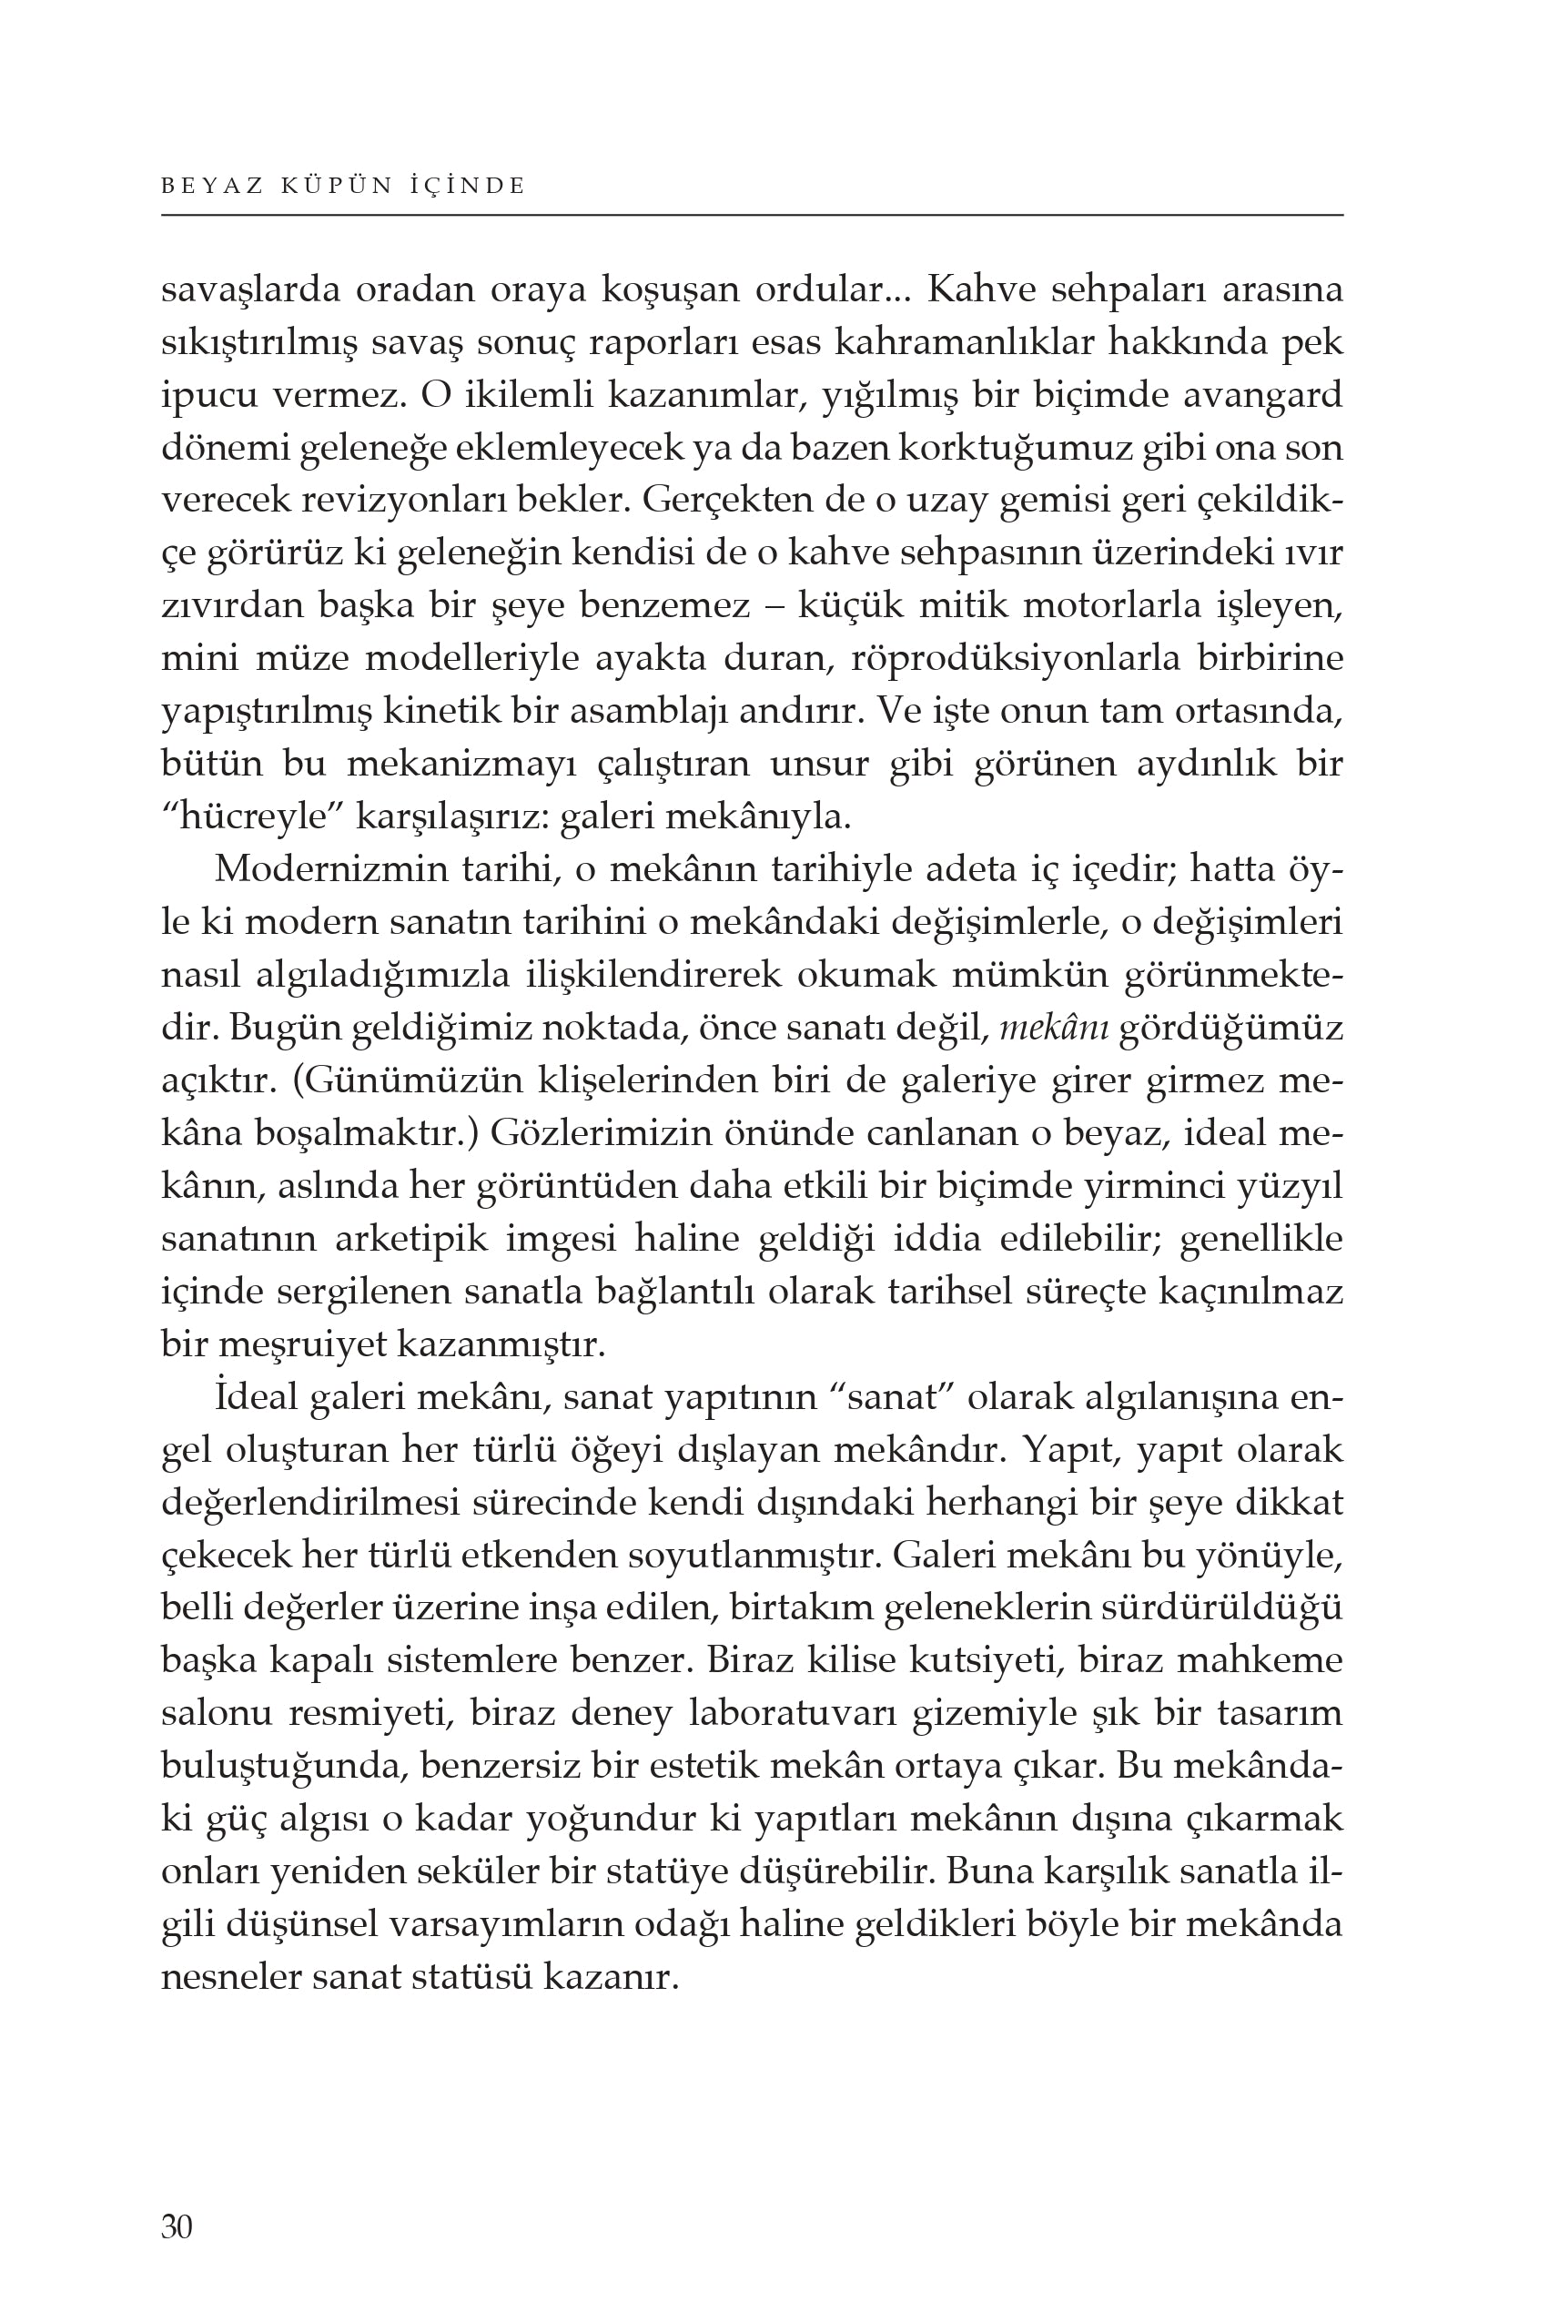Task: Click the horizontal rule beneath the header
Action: pyautogui.click(x=752, y=215)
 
